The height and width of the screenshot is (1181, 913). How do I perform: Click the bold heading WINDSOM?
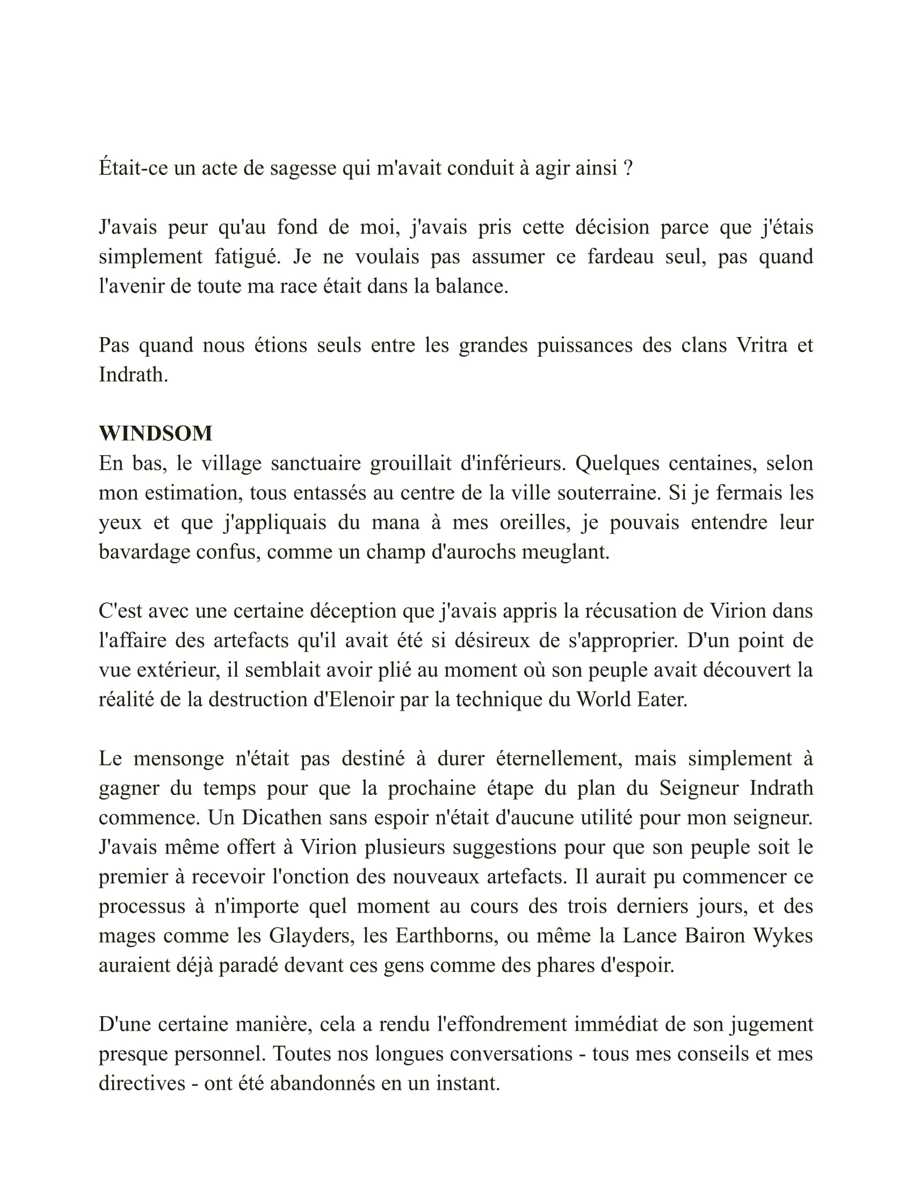click(x=155, y=434)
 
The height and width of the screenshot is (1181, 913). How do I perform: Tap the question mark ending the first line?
click(x=628, y=168)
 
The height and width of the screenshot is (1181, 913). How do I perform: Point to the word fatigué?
click(x=247, y=256)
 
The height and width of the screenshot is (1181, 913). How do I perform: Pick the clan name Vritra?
click(x=762, y=345)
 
